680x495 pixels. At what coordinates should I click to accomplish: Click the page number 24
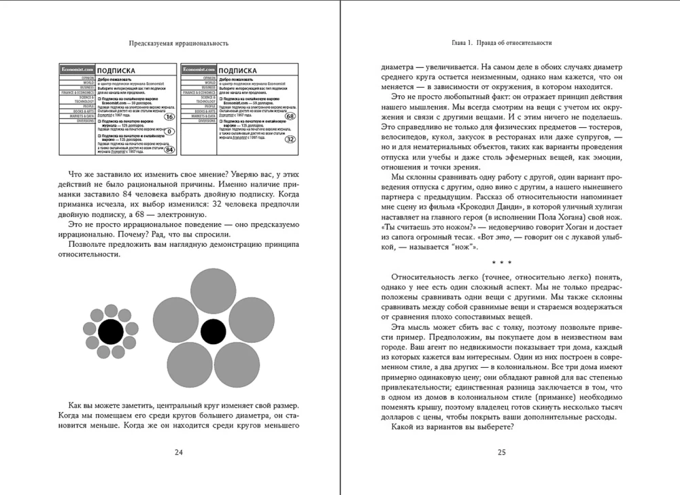coord(178,451)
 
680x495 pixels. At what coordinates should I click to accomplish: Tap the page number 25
coord(501,451)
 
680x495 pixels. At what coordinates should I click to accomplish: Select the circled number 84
coord(171,150)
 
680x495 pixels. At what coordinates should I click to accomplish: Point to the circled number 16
coord(170,99)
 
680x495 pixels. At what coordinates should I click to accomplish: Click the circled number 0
coord(170,131)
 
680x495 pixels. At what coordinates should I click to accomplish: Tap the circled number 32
coord(290,139)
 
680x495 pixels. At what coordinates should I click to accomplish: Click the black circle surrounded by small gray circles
coord(109,332)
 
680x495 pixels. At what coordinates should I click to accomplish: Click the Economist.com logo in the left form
coord(76,69)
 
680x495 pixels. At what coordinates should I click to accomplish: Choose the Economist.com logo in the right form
coord(197,69)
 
